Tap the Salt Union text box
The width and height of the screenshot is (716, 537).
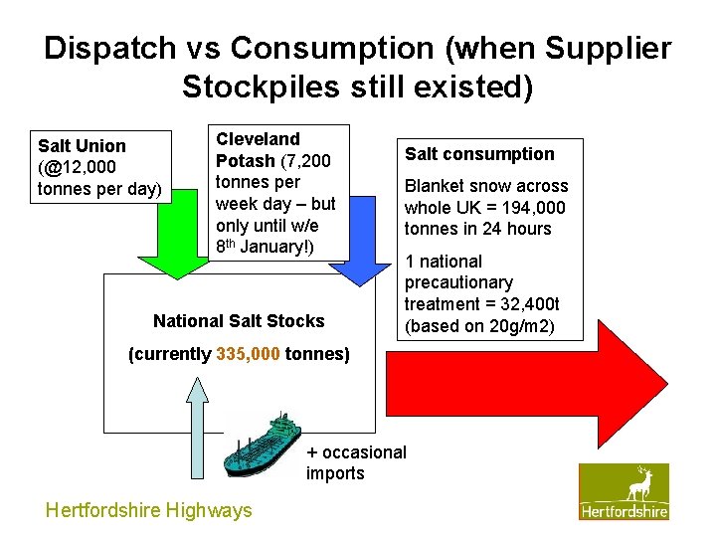pos(99,167)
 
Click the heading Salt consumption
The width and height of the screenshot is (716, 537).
pos(478,154)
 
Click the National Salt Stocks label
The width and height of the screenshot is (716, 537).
pos(239,321)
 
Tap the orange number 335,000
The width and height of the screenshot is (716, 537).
pos(249,354)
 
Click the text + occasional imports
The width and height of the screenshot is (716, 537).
pos(355,462)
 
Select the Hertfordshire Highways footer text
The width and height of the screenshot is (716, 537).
pos(149,510)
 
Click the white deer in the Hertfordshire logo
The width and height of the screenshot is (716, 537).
pos(639,484)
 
